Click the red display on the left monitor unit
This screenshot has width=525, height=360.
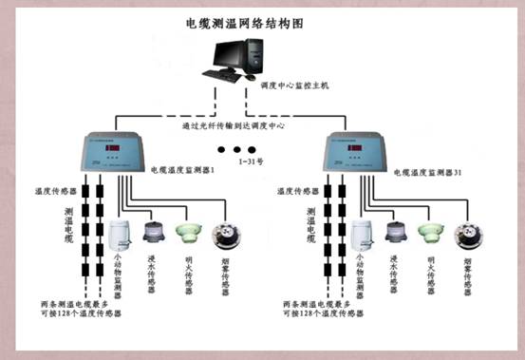[x=114, y=148]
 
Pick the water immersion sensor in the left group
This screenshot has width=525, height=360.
[x=154, y=232]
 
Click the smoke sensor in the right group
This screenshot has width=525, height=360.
[x=465, y=234]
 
